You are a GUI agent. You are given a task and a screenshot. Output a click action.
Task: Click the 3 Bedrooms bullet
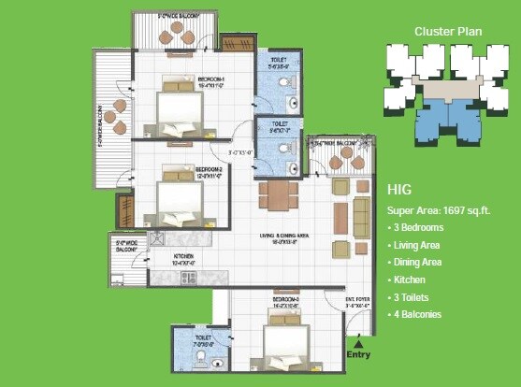tap(418, 227)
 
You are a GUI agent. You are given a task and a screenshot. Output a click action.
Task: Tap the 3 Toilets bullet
tap(413, 296)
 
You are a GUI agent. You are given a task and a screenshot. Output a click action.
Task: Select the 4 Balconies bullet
tap(417, 314)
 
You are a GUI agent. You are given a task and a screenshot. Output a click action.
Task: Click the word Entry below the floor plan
tap(357, 355)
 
